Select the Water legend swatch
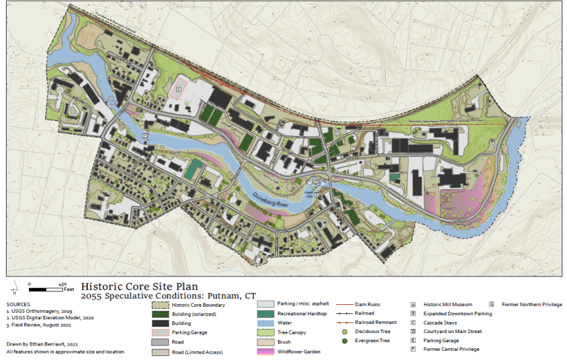tap(264, 323)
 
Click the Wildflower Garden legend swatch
tap(264, 351)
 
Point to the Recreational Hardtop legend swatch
tap(264, 314)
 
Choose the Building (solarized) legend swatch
tap(161, 314)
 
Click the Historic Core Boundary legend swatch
tap(161, 305)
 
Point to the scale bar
tap(46, 288)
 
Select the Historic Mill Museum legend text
tap(447, 305)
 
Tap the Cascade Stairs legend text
tap(440, 323)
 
